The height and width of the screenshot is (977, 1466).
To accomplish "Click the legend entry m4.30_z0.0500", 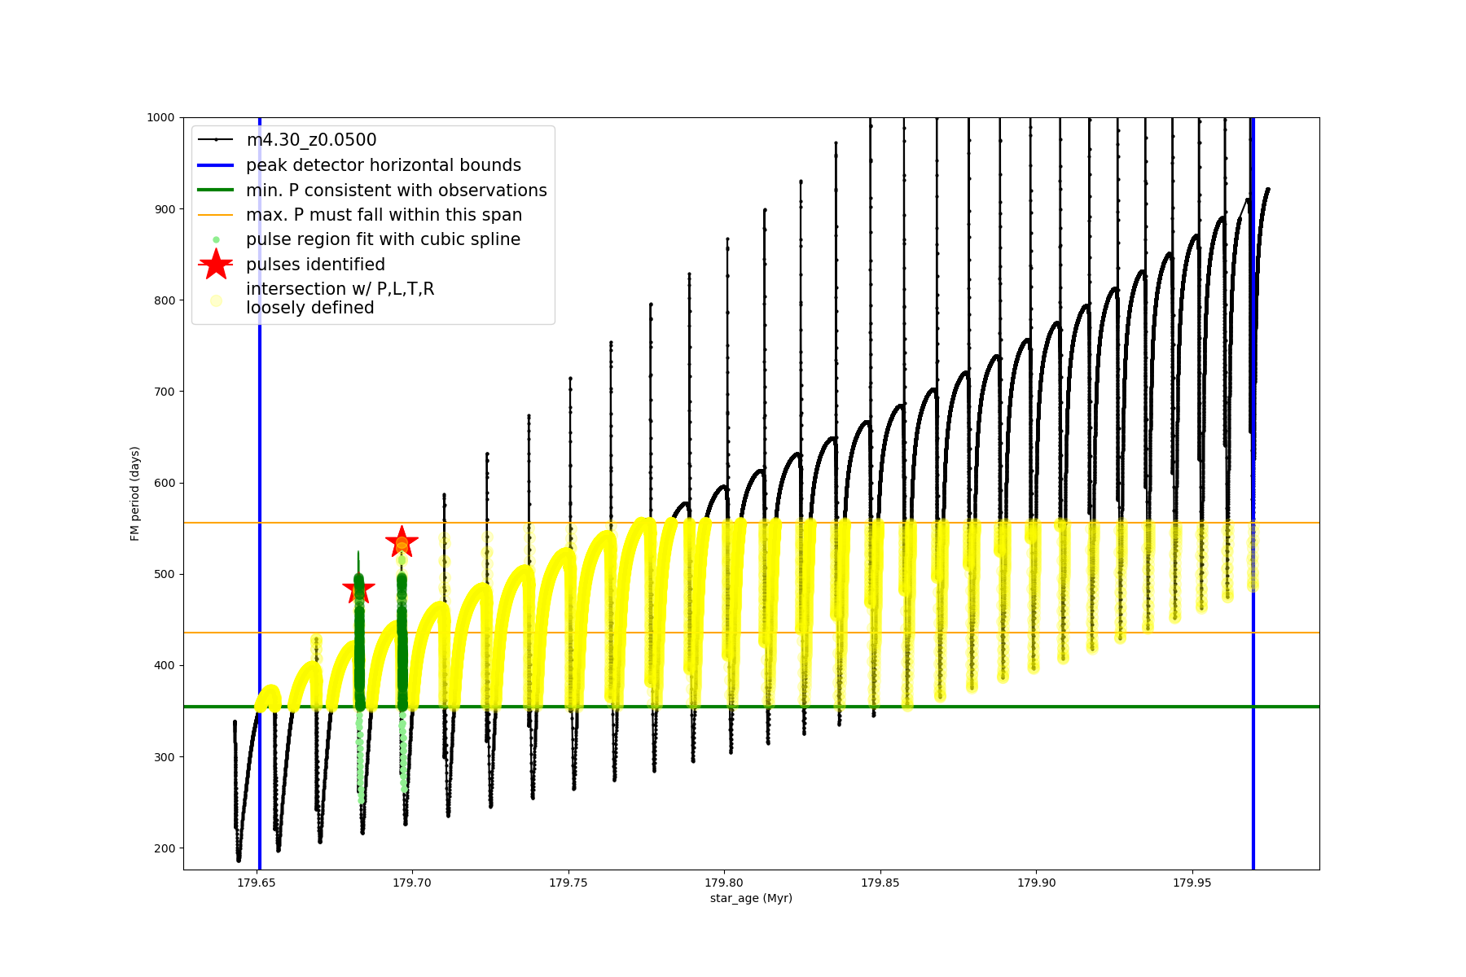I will click(x=311, y=140).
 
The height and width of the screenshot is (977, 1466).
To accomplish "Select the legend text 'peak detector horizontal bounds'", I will click(x=384, y=165).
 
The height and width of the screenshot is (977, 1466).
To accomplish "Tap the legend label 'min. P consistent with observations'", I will click(x=397, y=191).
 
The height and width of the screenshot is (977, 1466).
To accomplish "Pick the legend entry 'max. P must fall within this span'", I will click(x=384, y=215).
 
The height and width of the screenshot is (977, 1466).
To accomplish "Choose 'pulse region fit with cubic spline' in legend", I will click(x=383, y=239).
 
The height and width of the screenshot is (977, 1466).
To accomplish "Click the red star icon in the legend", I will click(x=216, y=264).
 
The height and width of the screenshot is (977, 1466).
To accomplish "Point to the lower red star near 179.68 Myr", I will click(x=358, y=589).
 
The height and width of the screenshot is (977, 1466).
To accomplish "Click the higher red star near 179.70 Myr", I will click(x=402, y=541).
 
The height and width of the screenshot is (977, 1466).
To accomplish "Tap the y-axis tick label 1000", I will click(x=160, y=117).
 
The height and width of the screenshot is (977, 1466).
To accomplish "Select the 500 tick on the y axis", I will click(x=165, y=574).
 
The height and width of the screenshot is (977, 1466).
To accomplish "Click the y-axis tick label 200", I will click(x=165, y=848).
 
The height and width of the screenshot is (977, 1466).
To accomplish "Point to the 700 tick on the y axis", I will click(x=165, y=392).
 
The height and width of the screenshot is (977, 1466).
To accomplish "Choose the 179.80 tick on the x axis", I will click(x=724, y=883).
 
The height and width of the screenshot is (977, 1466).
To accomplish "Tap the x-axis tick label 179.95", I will click(x=1192, y=883).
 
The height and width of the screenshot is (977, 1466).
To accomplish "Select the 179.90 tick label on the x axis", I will click(x=1036, y=883).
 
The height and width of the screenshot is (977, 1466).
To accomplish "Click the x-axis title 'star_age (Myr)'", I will click(x=751, y=898).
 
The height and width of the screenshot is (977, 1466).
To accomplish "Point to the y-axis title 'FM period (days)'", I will click(x=135, y=493).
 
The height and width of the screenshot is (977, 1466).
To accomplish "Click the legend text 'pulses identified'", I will click(x=315, y=265).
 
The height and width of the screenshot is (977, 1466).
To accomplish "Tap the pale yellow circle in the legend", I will click(x=216, y=300).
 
